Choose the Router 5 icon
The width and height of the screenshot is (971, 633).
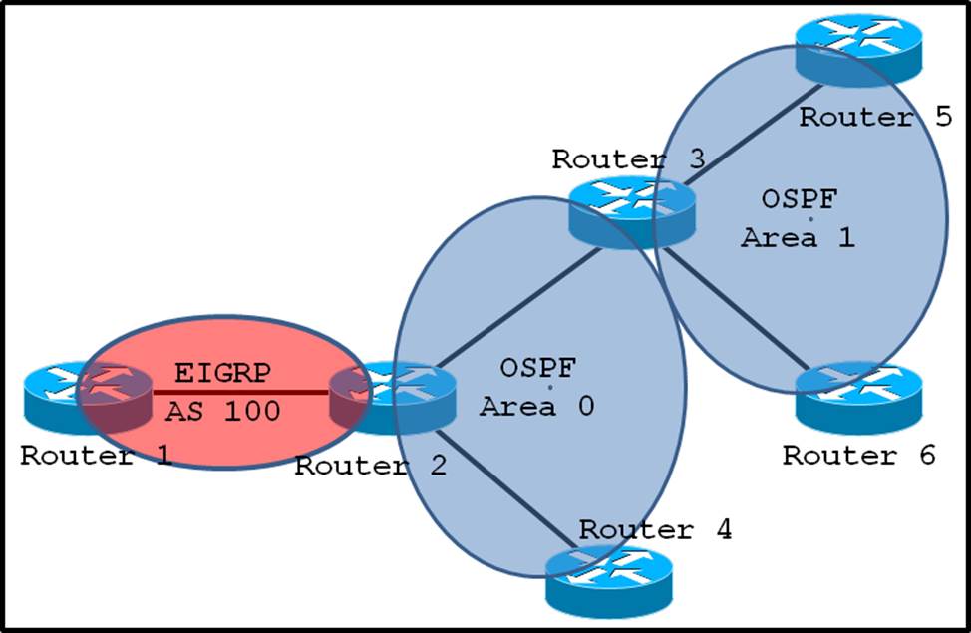(859, 44)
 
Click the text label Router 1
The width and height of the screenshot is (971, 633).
(96, 457)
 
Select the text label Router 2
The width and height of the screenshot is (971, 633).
(370, 466)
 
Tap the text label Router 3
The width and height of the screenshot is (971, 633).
(628, 159)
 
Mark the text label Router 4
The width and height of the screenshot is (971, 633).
(655, 529)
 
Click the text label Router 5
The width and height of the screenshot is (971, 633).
(875, 117)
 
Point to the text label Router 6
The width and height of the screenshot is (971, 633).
(858, 456)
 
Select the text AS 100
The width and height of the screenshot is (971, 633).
(222, 410)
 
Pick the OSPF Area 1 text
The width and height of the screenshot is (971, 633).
(798, 218)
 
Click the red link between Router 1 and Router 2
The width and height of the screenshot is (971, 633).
(239, 392)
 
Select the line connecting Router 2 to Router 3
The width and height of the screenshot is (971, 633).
(518, 304)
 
